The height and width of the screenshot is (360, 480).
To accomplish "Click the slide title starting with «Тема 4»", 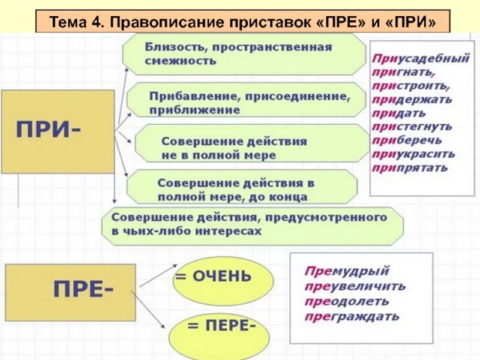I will click(x=242, y=22).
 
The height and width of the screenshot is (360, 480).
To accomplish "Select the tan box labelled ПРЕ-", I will click(x=71, y=292).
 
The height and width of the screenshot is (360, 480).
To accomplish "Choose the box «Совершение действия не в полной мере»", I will click(x=251, y=148).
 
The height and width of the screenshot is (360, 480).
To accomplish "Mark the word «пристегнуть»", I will click(x=412, y=127).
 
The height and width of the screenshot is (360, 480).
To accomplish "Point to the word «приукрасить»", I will click(x=413, y=154).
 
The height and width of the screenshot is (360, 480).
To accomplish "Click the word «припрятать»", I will click(x=410, y=167).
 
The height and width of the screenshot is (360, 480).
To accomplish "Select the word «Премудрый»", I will click(x=347, y=271).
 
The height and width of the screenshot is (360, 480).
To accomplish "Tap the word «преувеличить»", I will click(x=355, y=286).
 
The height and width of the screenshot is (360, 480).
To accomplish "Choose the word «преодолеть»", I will click(x=346, y=301).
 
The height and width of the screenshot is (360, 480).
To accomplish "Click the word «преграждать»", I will click(x=352, y=316).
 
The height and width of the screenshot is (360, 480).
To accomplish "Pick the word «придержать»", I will click(x=412, y=100).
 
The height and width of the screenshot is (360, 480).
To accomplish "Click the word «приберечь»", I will click(x=407, y=140).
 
